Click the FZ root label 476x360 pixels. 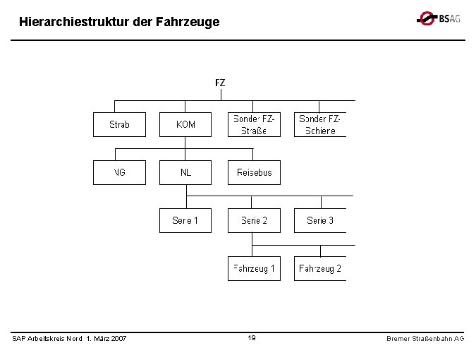(220, 83)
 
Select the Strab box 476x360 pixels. (119, 124)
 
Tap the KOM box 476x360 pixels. (185, 124)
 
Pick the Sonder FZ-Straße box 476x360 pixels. (254, 124)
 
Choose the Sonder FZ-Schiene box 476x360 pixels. (320, 124)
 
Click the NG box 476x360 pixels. (119, 172)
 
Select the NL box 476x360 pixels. (185, 172)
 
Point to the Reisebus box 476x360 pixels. (254, 172)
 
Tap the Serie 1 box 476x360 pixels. (185, 220)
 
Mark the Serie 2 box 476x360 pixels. (254, 220)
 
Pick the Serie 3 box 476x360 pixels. (320, 220)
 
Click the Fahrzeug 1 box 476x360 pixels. (254, 268)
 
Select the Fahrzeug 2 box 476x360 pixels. (320, 268)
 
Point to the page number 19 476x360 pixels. (252, 338)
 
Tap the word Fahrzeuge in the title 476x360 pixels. (191, 23)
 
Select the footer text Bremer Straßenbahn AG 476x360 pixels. (425, 339)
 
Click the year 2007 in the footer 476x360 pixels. (118, 339)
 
